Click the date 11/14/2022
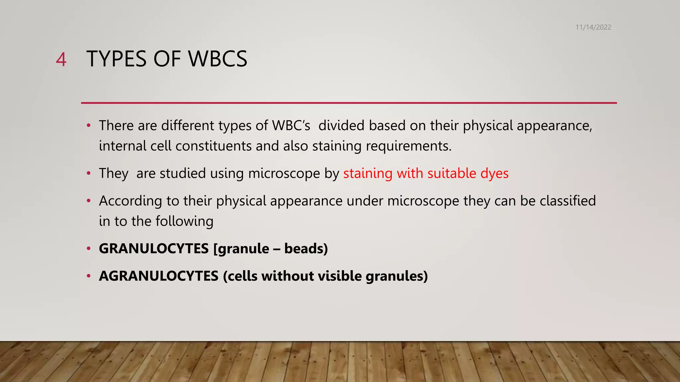click(x=593, y=27)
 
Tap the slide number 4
click(x=61, y=60)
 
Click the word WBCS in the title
click(x=217, y=59)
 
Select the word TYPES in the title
click(x=116, y=59)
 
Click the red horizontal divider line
click(x=349, y=103)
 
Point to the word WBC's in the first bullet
click(x=291, y=126)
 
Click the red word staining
click(x=368, y=173)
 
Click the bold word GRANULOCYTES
click(x=154, y=249)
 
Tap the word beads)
click(x=306, y=249)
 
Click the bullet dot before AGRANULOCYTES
click(x=88, y=276)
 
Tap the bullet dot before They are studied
click(x=88, y=173)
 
